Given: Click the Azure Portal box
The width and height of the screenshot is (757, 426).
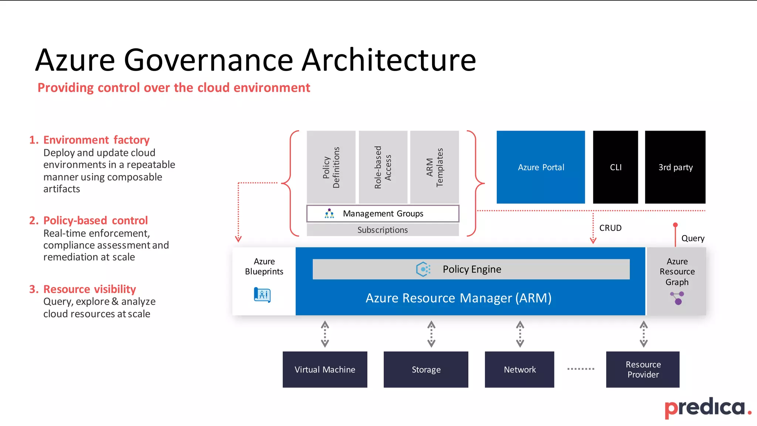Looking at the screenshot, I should click(540, 167).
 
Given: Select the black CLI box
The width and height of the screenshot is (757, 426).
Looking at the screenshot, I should click(615, 167).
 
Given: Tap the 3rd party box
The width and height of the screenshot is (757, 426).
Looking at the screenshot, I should click(675, 167).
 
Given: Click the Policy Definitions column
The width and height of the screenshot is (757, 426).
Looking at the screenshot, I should click(331, 167).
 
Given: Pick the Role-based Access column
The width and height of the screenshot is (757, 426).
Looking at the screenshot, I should click(383, 167).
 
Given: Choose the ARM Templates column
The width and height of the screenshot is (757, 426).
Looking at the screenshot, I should click(434, 167).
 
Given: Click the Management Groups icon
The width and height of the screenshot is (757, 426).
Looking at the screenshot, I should click(329, 214).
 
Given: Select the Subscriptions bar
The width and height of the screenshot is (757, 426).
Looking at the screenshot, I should click(383, 230).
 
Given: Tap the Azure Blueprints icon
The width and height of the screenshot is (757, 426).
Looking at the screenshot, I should click(262, 295).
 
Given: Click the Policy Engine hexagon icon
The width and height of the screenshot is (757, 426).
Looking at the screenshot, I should click(423, 269).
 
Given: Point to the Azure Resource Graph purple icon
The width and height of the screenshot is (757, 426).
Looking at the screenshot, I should click(677, 298).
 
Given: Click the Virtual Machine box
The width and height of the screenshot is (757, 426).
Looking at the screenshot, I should click(325, 369).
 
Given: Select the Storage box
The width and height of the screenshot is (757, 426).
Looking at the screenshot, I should click(426, 369).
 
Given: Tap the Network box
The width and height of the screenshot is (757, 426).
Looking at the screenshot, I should click(519, 369).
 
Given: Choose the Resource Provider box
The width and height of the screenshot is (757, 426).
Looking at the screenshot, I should click(643, 369).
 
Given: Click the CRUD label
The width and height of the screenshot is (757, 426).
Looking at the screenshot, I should click(610, 228).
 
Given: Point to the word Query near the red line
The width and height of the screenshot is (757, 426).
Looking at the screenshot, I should click(693, 239).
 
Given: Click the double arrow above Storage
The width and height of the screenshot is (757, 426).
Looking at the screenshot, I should click(431, 334).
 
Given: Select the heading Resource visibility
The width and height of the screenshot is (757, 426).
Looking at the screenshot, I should click(89, 289).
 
